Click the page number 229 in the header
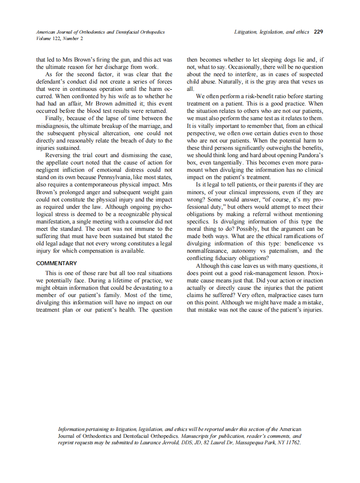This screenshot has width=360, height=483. point(319,32)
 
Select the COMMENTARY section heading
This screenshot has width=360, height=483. point(56,263)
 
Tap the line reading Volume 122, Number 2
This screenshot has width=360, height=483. point(60,38)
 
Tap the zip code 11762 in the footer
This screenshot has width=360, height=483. point(292,442)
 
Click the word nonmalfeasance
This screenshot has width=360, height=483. point(209,251)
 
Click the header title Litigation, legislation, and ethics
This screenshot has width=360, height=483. point(271,32)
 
